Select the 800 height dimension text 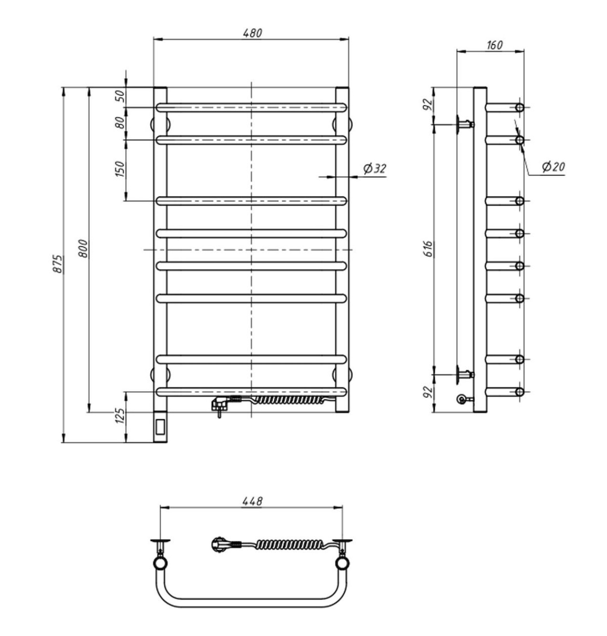82,249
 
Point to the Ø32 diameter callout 375,169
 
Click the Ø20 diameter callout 554,167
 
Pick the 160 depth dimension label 494,45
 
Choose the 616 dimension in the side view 428,249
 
